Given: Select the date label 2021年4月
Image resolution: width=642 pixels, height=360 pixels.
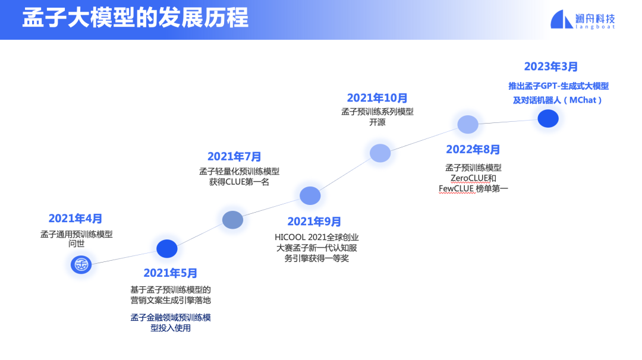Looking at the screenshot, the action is point(75,219).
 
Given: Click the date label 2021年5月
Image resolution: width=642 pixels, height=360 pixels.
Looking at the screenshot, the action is point(171,273).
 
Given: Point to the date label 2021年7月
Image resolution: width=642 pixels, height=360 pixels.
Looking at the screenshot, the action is point(234,157).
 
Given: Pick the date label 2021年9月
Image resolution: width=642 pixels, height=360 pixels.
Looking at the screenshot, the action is point(314,222).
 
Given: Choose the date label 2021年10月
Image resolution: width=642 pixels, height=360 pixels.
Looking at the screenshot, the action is point(377,98).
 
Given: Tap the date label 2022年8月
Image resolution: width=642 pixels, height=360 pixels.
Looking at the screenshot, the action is point(473,150).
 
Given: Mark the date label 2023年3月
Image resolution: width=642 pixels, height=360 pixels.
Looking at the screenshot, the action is point(551,67).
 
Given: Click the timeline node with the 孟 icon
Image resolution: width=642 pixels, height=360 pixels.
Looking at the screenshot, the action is point(81,264).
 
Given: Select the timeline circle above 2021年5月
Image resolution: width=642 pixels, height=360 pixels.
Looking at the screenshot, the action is point(167,249).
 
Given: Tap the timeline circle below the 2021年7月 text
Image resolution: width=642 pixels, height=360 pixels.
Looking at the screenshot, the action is point(233,220).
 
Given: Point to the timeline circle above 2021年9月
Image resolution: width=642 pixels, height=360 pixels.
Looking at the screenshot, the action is point(310,195).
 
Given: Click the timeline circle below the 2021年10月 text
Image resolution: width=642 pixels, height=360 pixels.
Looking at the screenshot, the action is point(380,153).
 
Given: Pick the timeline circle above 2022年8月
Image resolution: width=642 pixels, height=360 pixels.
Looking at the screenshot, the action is point(468,125).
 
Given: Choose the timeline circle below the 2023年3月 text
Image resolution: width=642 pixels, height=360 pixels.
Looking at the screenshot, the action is point(548,119).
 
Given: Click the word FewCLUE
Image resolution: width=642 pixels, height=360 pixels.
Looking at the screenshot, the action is point(457,189).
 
